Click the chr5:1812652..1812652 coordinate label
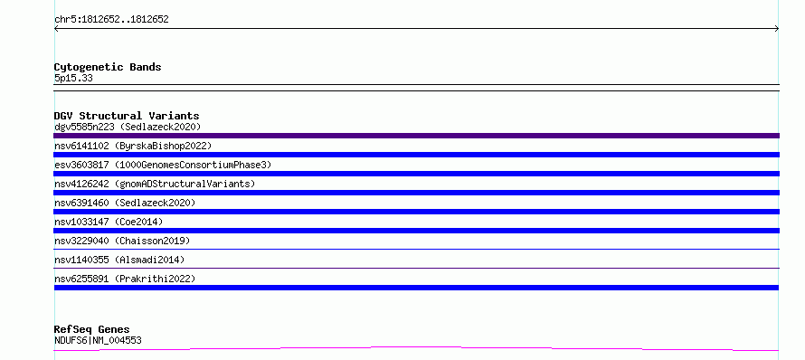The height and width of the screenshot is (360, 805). tap(111, 20)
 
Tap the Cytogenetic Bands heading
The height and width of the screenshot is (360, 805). tap(108, 67)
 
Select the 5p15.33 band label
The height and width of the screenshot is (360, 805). tap(73, 79)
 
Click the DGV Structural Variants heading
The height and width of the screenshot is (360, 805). tap(127, 116)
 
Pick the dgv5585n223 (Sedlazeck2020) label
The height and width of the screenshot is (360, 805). tap(128, 127)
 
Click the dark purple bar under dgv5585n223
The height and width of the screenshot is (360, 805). tap(416, 136)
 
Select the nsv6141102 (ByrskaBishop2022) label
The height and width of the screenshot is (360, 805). tap(133, 146)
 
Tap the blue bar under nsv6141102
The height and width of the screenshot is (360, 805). tap(416, 155)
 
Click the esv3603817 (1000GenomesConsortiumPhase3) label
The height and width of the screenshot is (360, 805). tap(163, 165)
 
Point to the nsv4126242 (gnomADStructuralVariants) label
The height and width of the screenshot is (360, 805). tap(155, 184)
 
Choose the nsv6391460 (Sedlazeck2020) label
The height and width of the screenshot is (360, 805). tap(125, 203)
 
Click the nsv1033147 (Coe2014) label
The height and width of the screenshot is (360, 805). tap(109, 222)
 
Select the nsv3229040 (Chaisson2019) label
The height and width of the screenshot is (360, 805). tap(122, 241)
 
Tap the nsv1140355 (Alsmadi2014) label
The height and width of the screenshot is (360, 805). tap(119, 260)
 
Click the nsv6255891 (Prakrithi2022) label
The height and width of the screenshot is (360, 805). tap(125, 279)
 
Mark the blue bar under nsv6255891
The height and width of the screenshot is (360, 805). tap(416, 288)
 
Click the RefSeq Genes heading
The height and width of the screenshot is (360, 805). tap(92, 329)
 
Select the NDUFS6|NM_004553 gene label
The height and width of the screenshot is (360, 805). tap(98, 340)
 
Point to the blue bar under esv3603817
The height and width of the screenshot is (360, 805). tap(416, 174)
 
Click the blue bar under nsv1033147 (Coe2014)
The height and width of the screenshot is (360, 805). tap(416, 231)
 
